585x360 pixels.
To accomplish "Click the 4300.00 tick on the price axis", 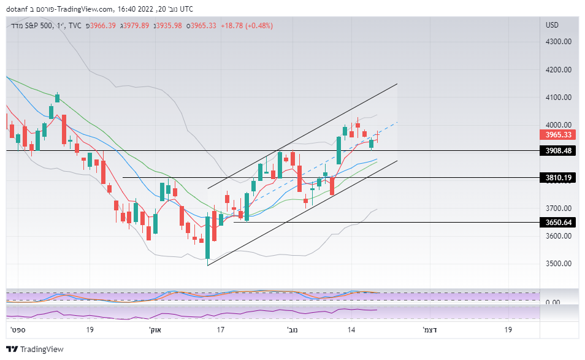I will [x=558, y=42].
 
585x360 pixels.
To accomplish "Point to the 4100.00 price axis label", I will [x=558, y=97].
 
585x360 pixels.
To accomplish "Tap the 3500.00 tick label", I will [x=558, y=264].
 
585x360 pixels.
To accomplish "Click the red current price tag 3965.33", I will [x=558, y=135].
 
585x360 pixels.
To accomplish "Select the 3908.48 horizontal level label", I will [x=558, y=150].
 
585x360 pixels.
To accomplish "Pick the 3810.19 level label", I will [x=558, y=178].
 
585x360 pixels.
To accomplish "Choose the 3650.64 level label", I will [x=558, y=222].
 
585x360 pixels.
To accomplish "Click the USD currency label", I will [x=552, y=25].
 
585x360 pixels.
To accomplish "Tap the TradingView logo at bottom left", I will [x=35, y=349].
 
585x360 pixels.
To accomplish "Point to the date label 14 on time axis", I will [x=352, y=330].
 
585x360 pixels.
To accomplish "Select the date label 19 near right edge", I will [x=508, y=330].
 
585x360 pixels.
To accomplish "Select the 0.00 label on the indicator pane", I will [x=552, y=302].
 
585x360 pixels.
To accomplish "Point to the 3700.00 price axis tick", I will [x=558, y=209].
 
